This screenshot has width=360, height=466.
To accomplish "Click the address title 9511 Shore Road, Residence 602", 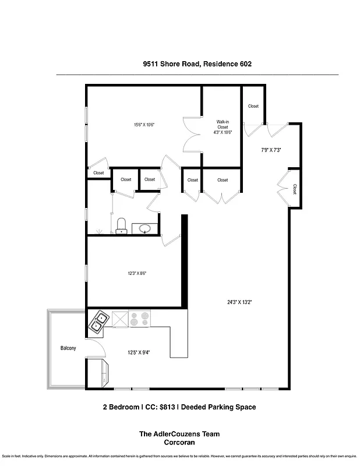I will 197,65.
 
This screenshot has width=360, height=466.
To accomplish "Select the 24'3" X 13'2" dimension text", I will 239,302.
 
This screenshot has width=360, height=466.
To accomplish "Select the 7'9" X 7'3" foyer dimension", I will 271,150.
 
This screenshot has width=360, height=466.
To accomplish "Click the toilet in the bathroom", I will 122,225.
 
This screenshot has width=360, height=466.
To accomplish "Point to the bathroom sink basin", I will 144,228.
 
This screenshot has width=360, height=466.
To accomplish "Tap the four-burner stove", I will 140,319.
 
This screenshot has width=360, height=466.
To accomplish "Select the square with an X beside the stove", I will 119,319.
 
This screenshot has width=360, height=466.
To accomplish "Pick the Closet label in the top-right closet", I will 253,106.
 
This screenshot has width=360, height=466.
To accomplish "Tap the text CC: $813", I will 157,407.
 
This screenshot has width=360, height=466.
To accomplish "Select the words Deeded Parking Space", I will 219,407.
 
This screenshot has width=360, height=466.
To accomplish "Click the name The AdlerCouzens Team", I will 179,434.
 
